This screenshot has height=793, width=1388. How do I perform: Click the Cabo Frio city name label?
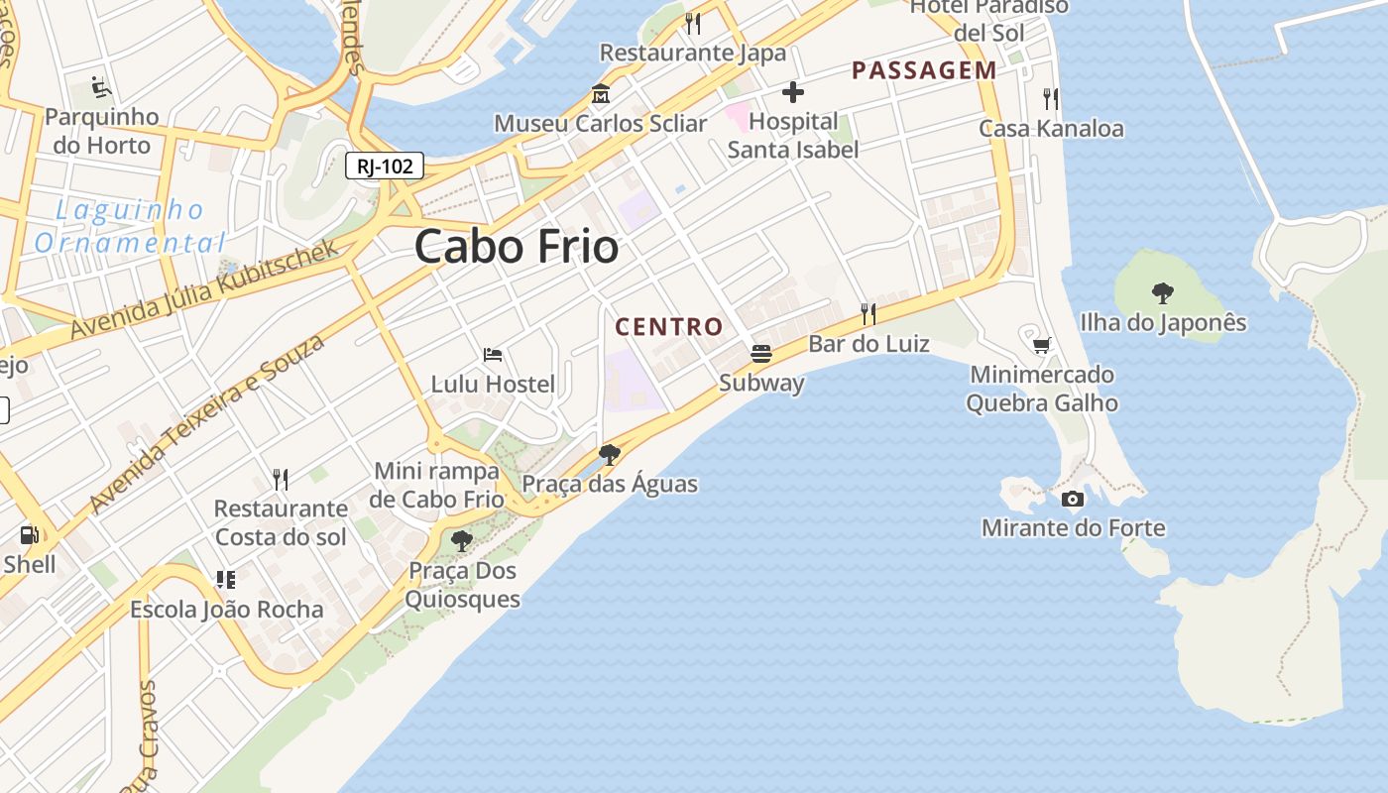(517, 246)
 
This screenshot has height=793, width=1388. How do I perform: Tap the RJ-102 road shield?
(385, 166)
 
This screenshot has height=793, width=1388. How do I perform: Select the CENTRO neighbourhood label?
(669, 326)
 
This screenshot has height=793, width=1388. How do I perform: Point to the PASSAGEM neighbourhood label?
(924, 70)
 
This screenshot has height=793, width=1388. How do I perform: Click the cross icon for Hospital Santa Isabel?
(792, 93)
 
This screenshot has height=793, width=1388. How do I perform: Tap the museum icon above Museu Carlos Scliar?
(600, 95)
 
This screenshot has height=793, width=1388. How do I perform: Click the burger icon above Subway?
(761, 354)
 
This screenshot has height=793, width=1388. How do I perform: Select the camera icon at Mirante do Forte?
(1072, 499)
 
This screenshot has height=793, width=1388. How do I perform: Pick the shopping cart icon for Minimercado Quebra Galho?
(1041, 345)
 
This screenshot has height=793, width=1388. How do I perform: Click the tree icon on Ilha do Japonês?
(1163, 292)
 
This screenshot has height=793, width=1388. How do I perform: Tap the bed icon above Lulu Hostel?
(493, 354)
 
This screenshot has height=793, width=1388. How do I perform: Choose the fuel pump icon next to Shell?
(29, 535)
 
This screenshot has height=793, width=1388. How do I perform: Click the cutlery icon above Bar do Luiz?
(868, 314)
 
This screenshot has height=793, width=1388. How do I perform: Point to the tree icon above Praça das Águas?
(610, 455)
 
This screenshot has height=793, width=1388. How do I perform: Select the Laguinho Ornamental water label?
(130, 226)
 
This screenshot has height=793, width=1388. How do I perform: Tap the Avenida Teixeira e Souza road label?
(206, 423)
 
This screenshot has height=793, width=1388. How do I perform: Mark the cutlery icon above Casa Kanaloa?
(1051, 99)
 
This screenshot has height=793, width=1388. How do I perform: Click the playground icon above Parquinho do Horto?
(101, 88)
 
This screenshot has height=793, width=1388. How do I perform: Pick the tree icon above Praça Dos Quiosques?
(461, 541)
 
